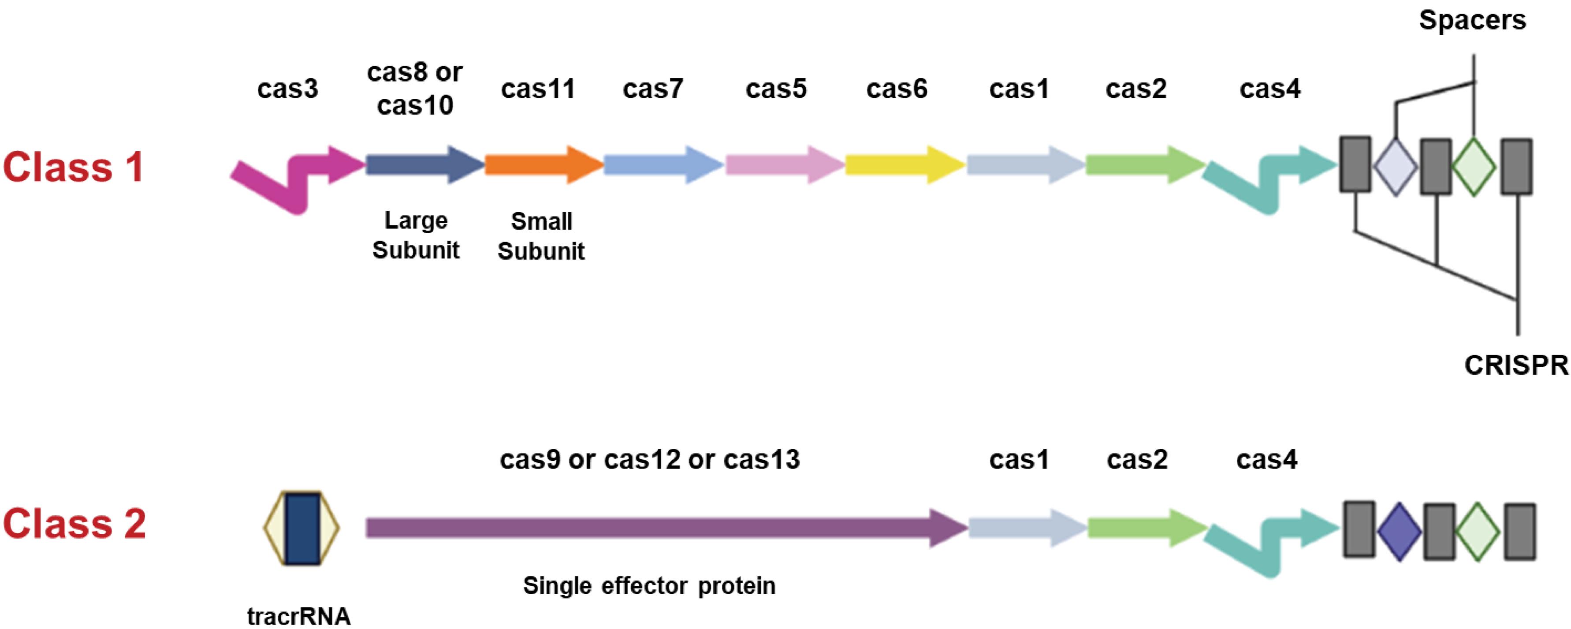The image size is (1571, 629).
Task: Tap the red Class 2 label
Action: click(x=74, y=524)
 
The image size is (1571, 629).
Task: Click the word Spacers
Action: click(x=1472, y=21)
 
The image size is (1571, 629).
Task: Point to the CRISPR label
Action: click(x=1516, y=365)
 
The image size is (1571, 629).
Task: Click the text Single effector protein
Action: click(x=649, y=586)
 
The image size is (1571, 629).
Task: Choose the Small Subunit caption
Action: click(x=541, y=236)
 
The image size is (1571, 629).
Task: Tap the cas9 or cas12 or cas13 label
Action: click(x=649, y=459)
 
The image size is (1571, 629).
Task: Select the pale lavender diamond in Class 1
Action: click(x=1396, y=167)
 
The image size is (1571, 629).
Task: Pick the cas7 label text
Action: click(x=652, y=89)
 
